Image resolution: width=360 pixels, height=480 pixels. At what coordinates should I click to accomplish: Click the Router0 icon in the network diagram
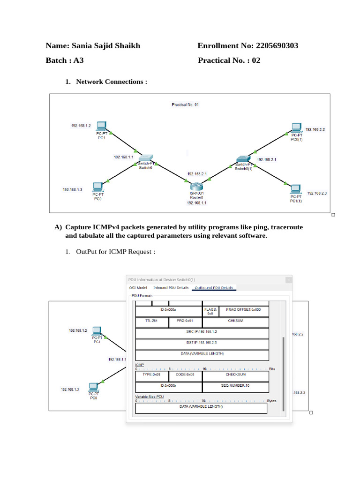pyautogui.click(x=197, y=185)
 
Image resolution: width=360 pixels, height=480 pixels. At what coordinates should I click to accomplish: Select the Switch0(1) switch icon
pyautogui.click(x=243, y=159)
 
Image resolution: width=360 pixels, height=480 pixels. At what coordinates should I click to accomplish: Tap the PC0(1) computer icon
pyautogui.click(x=296, y=127)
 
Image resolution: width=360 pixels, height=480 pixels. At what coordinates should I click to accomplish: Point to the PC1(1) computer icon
pyautogui.click(x=295, y=189)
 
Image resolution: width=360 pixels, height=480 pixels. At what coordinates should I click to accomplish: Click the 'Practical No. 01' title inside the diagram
pyautogui.click(x=185, y=105)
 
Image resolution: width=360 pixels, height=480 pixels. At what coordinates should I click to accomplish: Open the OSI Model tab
pyautogui.click(x=138, y=287)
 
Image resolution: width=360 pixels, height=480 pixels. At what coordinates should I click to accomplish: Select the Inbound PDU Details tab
pyautogui.click(x=171, y=287)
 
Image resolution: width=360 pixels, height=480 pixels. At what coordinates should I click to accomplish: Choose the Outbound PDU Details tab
pyautogui.click(x=214, y=287)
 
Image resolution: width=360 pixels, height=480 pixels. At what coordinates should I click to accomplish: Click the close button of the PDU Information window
pyautogui.click(x=289, y=280)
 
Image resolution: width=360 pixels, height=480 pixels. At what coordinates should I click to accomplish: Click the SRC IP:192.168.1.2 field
pyautogui.click(x=202, y=332)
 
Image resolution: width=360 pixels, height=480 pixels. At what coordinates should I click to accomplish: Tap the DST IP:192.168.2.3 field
pyautogui.click(x=202, y=343)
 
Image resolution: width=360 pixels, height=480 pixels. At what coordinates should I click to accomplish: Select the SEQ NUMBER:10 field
pyautogui.click(x=235, y=385)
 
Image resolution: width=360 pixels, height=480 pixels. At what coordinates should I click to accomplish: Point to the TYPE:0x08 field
pyautogui.click(x=151, y=375)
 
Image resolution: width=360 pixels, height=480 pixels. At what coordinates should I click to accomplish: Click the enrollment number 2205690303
pyautogui.click(x=276, y=45)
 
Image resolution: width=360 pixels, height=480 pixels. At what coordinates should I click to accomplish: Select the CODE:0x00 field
pyautogui.click(x=185, y=375)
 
